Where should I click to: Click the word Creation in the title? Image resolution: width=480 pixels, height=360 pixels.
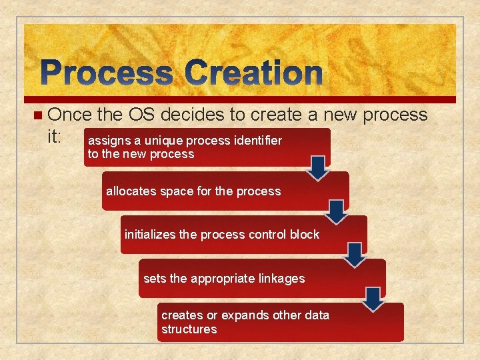(x=254, y=73)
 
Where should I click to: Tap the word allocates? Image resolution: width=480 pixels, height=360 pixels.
(x=129, y=191)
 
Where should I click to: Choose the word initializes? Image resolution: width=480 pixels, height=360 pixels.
(x=151, y=235)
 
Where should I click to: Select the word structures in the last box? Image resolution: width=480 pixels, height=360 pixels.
(x=189, y=329)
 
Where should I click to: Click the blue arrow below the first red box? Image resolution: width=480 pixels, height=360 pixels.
(x=319, y=168)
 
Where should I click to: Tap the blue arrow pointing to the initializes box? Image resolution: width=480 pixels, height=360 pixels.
(x=337, y=212)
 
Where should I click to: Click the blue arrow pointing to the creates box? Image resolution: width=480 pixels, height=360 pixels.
(x=374, y=299)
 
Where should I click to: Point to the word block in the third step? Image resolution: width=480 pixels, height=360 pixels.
(x=305, y=235)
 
